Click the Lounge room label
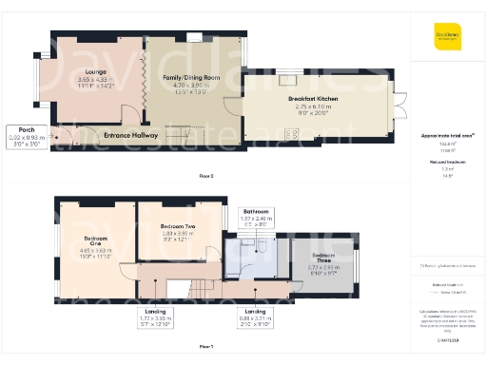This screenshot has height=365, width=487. (95, 71)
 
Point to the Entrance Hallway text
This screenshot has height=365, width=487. (131, 135)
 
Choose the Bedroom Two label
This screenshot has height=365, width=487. (177, 226)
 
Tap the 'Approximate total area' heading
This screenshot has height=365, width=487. (446, 136)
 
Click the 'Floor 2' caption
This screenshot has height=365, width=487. (206, 177)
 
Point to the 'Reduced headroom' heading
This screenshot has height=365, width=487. (446, 163)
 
